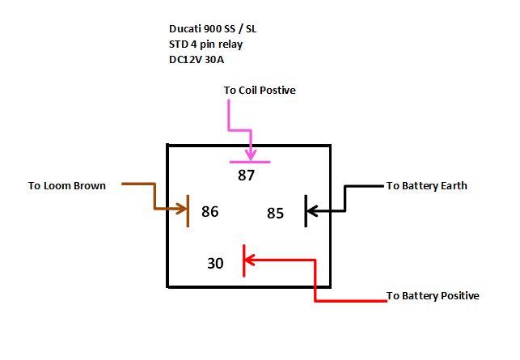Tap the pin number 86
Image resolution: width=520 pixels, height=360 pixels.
(210, 212)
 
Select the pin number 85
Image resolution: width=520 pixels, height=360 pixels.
(276, 214)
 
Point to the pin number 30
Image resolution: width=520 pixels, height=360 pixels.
(215, 263)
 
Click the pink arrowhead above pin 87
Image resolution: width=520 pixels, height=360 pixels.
(251, 154)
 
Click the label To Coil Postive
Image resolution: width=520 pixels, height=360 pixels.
(260, 91)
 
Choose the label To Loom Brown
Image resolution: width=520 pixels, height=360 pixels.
(67, 186)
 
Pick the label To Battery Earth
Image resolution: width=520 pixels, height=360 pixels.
(426, 186)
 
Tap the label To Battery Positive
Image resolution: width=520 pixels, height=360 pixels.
(433, 296)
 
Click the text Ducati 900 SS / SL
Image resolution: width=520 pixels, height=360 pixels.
(211, 30)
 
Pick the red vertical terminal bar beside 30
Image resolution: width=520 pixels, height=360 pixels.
(243, 260)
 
